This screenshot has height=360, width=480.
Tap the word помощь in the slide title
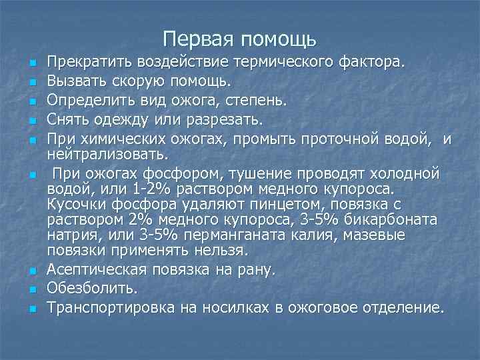click(x=278, y=39)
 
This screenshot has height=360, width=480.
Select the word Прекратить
click(x=89, y=63)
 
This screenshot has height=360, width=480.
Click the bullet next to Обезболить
click(x=31, y=291)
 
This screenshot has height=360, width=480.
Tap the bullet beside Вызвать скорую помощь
click(x=31, y=83)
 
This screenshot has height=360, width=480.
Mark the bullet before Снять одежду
click(x=31, y=122)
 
